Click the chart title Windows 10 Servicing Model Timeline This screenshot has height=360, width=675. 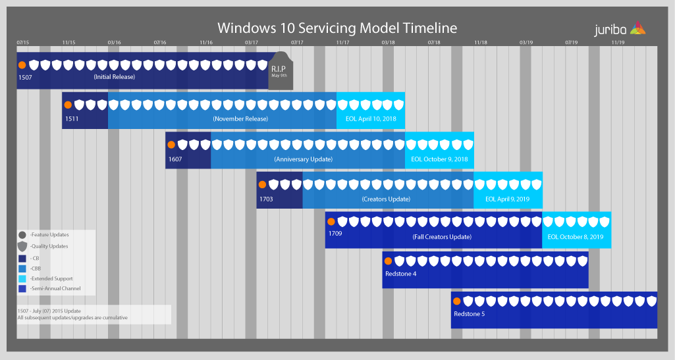(337, 28)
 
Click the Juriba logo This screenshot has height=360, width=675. (619, 28)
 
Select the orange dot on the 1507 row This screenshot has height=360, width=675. (22, 65)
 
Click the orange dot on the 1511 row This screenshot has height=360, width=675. (67, 105)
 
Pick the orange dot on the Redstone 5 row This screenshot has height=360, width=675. (456, 301)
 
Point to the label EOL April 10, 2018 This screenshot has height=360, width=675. (370, 119)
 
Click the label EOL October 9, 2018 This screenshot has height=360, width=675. (439, 159)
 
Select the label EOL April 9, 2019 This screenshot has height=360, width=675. (508, 199)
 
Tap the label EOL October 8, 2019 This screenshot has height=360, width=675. (576, 237)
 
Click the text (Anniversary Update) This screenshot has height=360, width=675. (303, 159)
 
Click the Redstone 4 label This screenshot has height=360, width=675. (401, 274)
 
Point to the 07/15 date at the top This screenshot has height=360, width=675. (23, 42)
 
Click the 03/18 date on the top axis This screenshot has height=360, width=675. (388, 42)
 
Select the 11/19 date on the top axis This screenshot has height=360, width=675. (618, 42)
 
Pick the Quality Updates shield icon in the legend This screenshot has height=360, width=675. (22, 246)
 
